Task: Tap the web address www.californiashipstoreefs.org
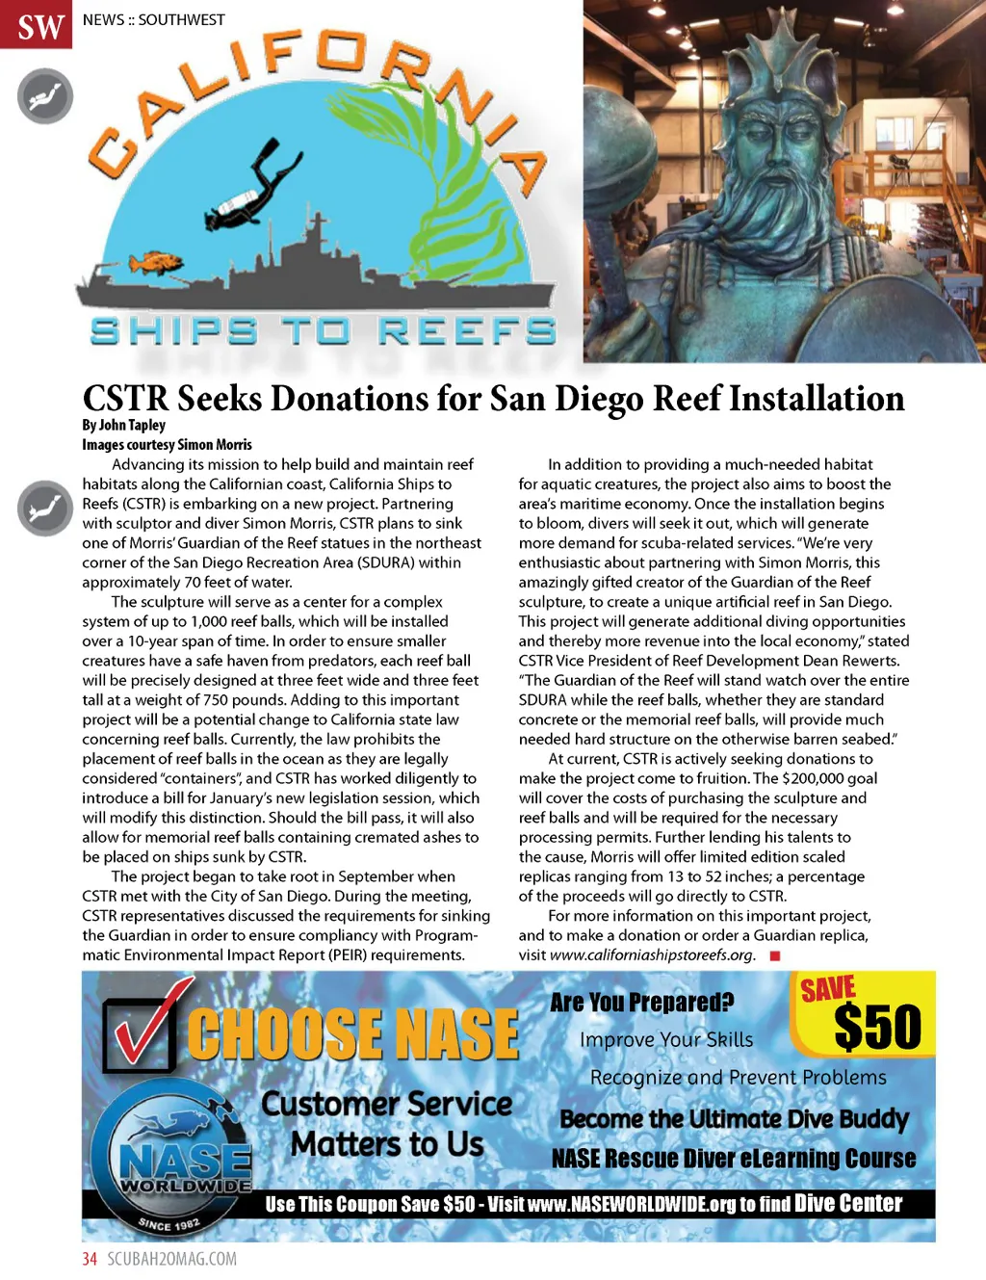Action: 652,954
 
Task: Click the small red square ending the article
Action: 774,955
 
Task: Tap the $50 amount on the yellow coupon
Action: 877,1027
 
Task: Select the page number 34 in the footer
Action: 90,1259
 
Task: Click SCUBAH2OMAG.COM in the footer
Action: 171,1259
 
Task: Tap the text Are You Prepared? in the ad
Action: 641,1003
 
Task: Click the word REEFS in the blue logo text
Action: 467,331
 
